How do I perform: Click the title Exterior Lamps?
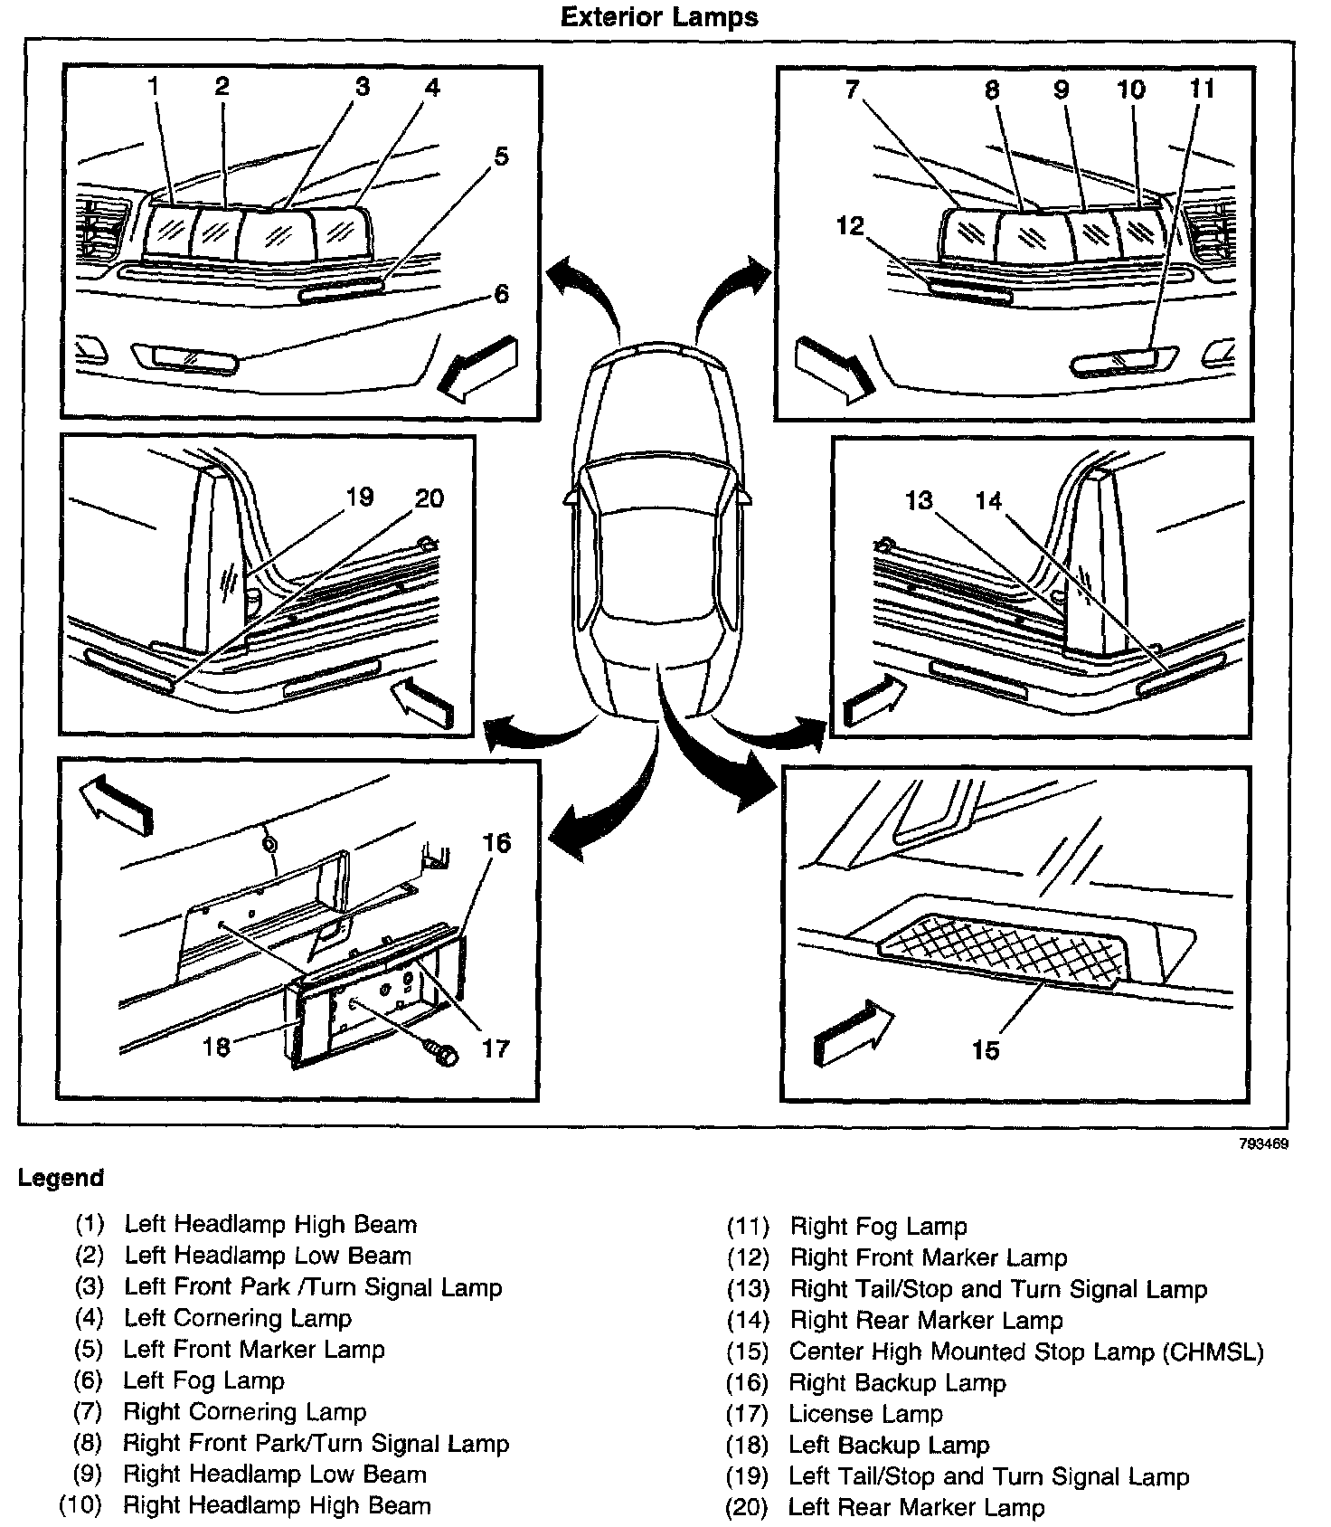659,17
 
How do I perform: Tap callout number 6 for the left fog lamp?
501,294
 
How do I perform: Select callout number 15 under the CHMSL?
985,1049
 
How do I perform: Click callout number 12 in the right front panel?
850,226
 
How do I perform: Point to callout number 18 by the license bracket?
216,1046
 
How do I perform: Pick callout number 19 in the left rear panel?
359,497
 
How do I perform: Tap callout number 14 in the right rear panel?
988,500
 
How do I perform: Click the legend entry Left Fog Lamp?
203,1380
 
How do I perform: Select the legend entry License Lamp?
865,1413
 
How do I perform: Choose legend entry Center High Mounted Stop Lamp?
1025,1352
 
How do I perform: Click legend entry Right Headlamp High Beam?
277,1505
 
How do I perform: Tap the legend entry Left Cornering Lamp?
238,1318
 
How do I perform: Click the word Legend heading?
61,1178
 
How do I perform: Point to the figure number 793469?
1264,1143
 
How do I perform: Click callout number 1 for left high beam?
154,87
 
